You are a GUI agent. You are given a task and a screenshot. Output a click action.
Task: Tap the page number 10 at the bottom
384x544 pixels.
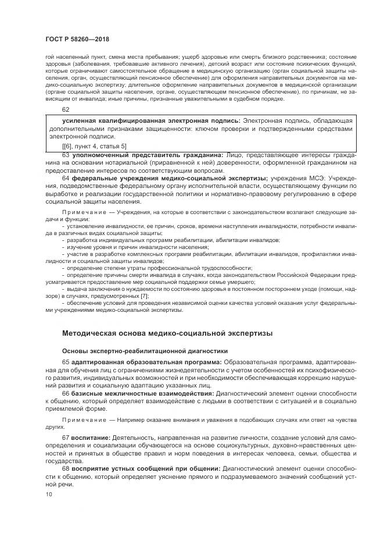pyautogui.click(x=49, y=493)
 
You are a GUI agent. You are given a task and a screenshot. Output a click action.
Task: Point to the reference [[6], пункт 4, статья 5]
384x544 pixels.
pyautogui.click(x=94, y=145)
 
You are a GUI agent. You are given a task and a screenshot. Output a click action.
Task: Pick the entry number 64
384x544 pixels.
pyautogui.click(x=66, y=178)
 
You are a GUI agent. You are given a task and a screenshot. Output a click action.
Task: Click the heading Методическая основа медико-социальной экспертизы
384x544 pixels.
pyautogui.click(x=167, y=333)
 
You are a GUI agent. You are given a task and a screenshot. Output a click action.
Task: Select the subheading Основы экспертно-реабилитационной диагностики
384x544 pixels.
pyautogui.click(x=144, y=350)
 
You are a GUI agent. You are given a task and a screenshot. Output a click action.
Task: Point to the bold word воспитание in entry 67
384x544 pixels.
pyautogui.click(x=90, y=437)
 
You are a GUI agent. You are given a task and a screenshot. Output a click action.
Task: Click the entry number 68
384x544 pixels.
pyautogui.click(x=66, y=468)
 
